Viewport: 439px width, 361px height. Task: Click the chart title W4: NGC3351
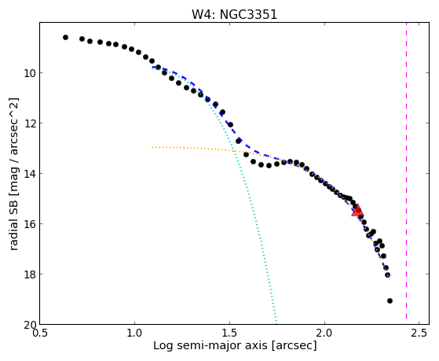pyautogui.click(x=234, y=14)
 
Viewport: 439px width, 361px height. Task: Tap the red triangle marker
pyautogui.click(x=357, y=210)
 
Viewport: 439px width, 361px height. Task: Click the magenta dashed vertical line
pyautogui.click(x=406, y=173)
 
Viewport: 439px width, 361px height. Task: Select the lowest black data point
pyautogui.click(x=390, y=300)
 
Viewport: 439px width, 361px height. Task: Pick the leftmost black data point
pyautogui.click(x=65, y=37)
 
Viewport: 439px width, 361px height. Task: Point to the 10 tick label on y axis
pyautogui.click(x=29, y=73)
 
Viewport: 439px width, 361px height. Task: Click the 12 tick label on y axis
pyautogui.click(x=29, y=123)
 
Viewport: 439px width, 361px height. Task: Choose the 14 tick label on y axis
pyautogui.click(x=29, y=174)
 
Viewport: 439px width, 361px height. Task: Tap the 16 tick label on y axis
pyautogui.click(x=29, y=224)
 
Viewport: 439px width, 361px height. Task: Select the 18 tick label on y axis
pyautogui.click(x=29, y=274)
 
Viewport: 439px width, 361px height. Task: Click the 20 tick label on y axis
pyautogui.click(x=29, y=325)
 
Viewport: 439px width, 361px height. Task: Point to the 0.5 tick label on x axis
pyautogui.click(x=40, y=333)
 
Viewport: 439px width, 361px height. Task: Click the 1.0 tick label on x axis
pyautogui.click(x=134, y=333)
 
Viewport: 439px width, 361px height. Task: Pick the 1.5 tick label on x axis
pyautogui.click(x=229, y=333)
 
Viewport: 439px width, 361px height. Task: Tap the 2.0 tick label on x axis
pyautogui.click(x=324, y=333)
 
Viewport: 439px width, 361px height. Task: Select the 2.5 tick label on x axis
pyautogui.click(x=419, y=333)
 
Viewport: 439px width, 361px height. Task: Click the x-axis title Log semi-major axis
pyautogui.click(x=210, y=346)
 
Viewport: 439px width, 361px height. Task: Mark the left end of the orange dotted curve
pyautogui.click(x=152, y=147)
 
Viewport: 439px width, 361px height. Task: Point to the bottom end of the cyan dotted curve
pyautogui.click(x=276, y=323)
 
